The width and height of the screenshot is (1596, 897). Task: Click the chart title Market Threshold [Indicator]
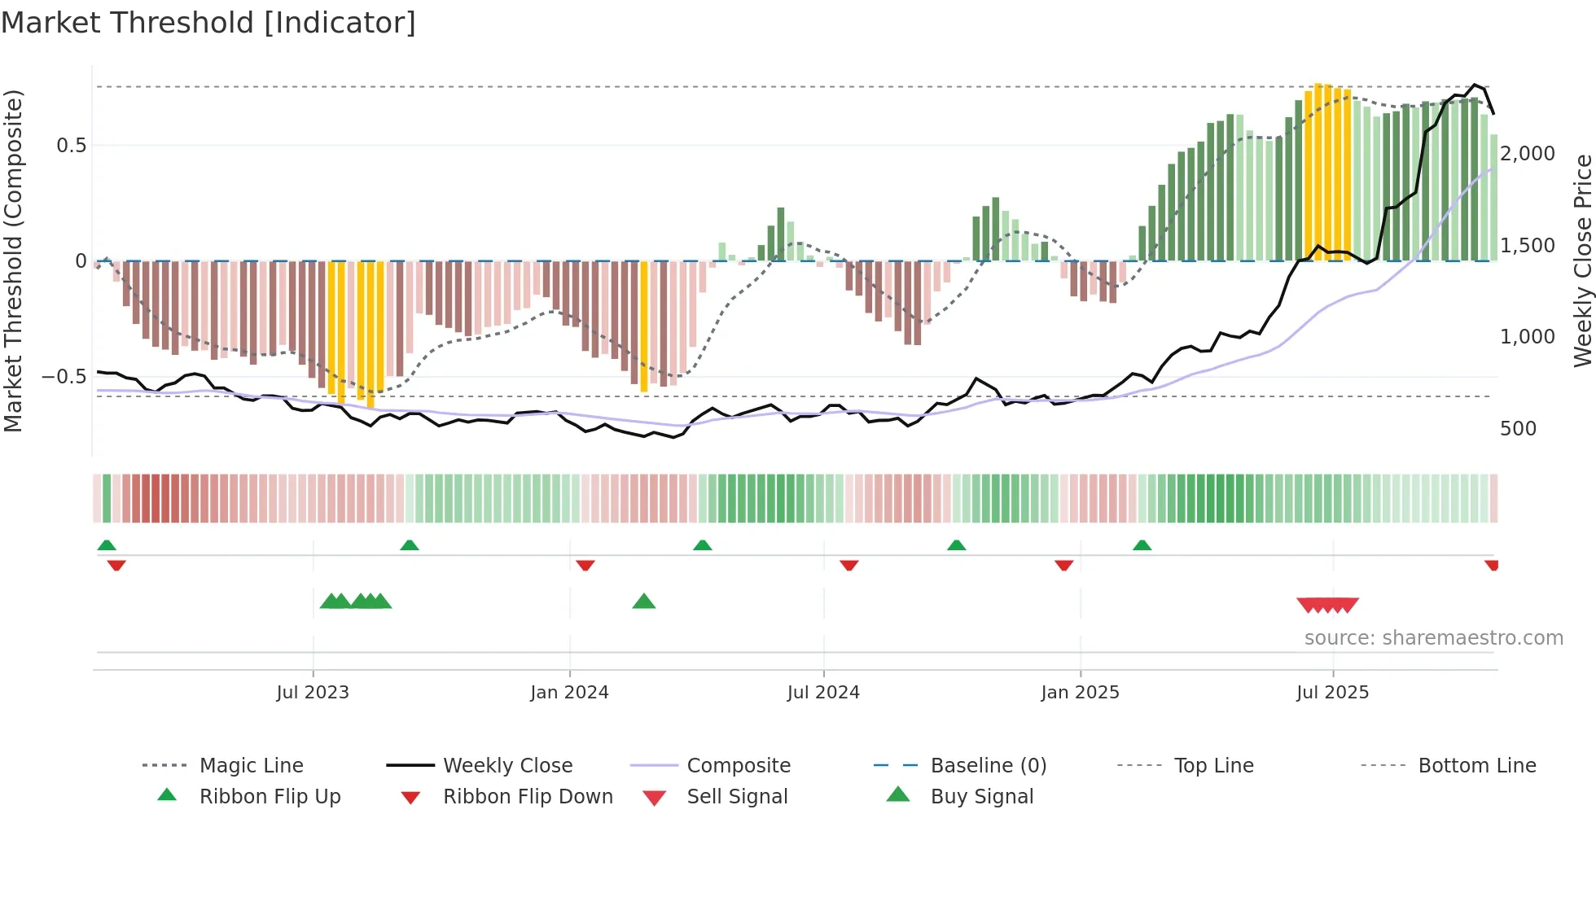(208, 23)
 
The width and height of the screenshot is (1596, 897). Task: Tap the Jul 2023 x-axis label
(313, 693)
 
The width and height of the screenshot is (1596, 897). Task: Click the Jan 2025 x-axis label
(1080, 693)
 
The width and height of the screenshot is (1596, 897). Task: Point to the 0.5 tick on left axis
(71, 146)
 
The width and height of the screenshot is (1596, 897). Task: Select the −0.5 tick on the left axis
(64, 377)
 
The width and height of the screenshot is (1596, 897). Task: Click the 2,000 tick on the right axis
(1527, 154)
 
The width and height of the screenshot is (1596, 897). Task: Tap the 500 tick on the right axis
(1518, 429)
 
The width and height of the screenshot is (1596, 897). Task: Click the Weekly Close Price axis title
(1582, 260)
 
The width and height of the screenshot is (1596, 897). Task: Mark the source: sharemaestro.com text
(1433, 638)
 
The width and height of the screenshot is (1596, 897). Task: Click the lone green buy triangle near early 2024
(644, 602)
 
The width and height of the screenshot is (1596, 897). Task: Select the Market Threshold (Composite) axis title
(14, 260)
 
